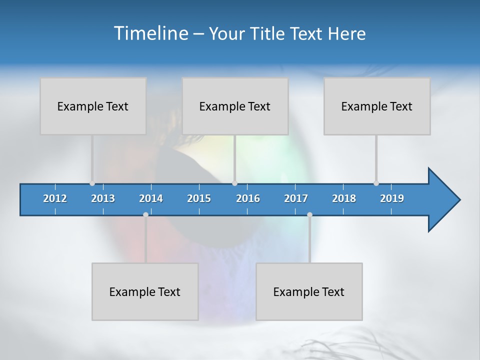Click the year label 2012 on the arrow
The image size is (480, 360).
55,198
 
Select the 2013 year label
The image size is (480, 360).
103,198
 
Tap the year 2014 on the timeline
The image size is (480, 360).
151,198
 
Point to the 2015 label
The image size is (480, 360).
199,198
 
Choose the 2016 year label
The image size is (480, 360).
248,198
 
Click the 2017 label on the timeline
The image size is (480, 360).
296,198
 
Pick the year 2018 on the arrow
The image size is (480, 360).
344,198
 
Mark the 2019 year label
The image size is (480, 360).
392,198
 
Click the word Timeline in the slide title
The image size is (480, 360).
150,33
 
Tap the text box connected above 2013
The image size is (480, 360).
93,106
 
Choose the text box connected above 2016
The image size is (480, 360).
235,106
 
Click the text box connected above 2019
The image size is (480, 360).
377,106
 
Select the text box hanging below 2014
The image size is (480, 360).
145,291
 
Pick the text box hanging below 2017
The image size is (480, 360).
309,291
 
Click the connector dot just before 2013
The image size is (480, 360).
92,183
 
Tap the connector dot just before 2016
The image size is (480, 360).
234,183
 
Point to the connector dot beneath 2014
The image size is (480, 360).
145,214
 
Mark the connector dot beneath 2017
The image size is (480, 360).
309,214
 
